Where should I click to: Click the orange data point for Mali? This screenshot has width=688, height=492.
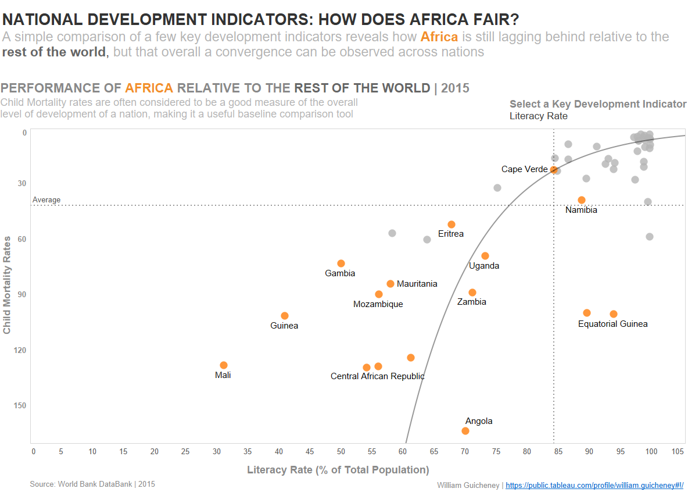(224, 365)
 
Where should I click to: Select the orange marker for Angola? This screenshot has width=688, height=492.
(465, 431)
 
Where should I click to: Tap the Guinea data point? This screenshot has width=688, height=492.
(285, 316)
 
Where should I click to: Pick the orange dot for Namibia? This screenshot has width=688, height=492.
(582, 200)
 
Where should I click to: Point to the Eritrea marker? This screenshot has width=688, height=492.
(451, 224)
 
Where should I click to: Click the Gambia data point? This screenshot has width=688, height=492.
(341, 263)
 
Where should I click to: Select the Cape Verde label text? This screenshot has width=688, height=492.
(524, 169)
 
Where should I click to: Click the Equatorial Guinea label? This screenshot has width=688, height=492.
(612, 324)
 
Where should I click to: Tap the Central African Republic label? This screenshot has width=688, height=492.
(377, 376)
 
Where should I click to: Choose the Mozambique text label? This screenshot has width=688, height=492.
(378, 304)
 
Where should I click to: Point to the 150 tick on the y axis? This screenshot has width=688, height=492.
(20, 405)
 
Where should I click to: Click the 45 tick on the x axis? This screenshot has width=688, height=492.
(309, 452)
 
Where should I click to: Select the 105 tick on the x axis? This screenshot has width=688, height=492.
(678, 452)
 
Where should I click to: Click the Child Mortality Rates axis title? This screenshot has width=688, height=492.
(8, 284)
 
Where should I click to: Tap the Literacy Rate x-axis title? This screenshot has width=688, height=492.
(338, 470)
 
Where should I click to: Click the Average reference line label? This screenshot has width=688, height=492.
(46, 200)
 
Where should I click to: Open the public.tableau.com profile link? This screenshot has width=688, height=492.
(594, 485)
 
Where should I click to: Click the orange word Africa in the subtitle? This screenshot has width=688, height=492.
(439, 37)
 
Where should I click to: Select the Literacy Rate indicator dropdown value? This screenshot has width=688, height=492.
(539, 116)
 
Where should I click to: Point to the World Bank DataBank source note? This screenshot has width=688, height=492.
(92, 484)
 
